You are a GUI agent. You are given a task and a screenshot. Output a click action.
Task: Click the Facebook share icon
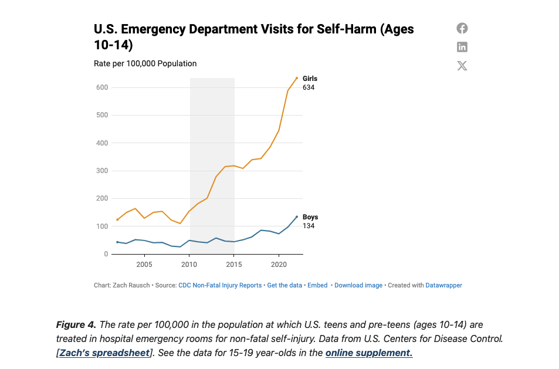[x=462, y=28]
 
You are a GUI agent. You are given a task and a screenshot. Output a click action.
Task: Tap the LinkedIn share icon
[x=462, y=47]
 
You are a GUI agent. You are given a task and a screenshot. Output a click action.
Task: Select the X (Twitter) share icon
[x=462, y=66]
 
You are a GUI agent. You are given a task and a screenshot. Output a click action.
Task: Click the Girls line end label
[x=310, y=79]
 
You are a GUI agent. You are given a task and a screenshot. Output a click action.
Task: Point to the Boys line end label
[x=310, y=217]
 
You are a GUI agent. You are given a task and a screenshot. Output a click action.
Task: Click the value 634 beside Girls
[x=309, y=87]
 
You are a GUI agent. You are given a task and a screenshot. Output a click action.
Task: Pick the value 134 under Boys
[x=309, y=226]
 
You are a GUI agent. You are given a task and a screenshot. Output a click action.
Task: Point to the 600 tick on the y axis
[x=102, y=87]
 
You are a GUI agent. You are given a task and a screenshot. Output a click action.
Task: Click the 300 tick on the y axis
[x=102, y=171]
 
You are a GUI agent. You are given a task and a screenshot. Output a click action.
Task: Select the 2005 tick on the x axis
[x=144, y=265]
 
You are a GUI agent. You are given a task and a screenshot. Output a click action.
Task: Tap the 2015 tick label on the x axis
[x=234, y=265]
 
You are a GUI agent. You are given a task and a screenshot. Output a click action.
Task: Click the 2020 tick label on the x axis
[x=279, y=265]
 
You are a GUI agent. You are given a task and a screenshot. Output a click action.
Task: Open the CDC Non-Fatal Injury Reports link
[x=220, y=285]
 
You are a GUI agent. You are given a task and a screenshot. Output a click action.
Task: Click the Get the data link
[x=284, y=285]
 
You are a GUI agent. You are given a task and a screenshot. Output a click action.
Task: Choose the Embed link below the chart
[x=317, y=285]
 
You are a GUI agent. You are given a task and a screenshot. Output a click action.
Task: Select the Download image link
[x=358, y=285]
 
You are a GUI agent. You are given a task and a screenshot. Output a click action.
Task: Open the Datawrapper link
[x=443, y=285]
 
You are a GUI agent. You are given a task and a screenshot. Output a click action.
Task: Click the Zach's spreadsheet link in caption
[x=104, y=353]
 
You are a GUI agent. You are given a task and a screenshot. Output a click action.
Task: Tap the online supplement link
[x=369, y=353]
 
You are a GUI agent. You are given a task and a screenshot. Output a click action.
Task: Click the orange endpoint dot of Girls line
[x=297, y=78]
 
